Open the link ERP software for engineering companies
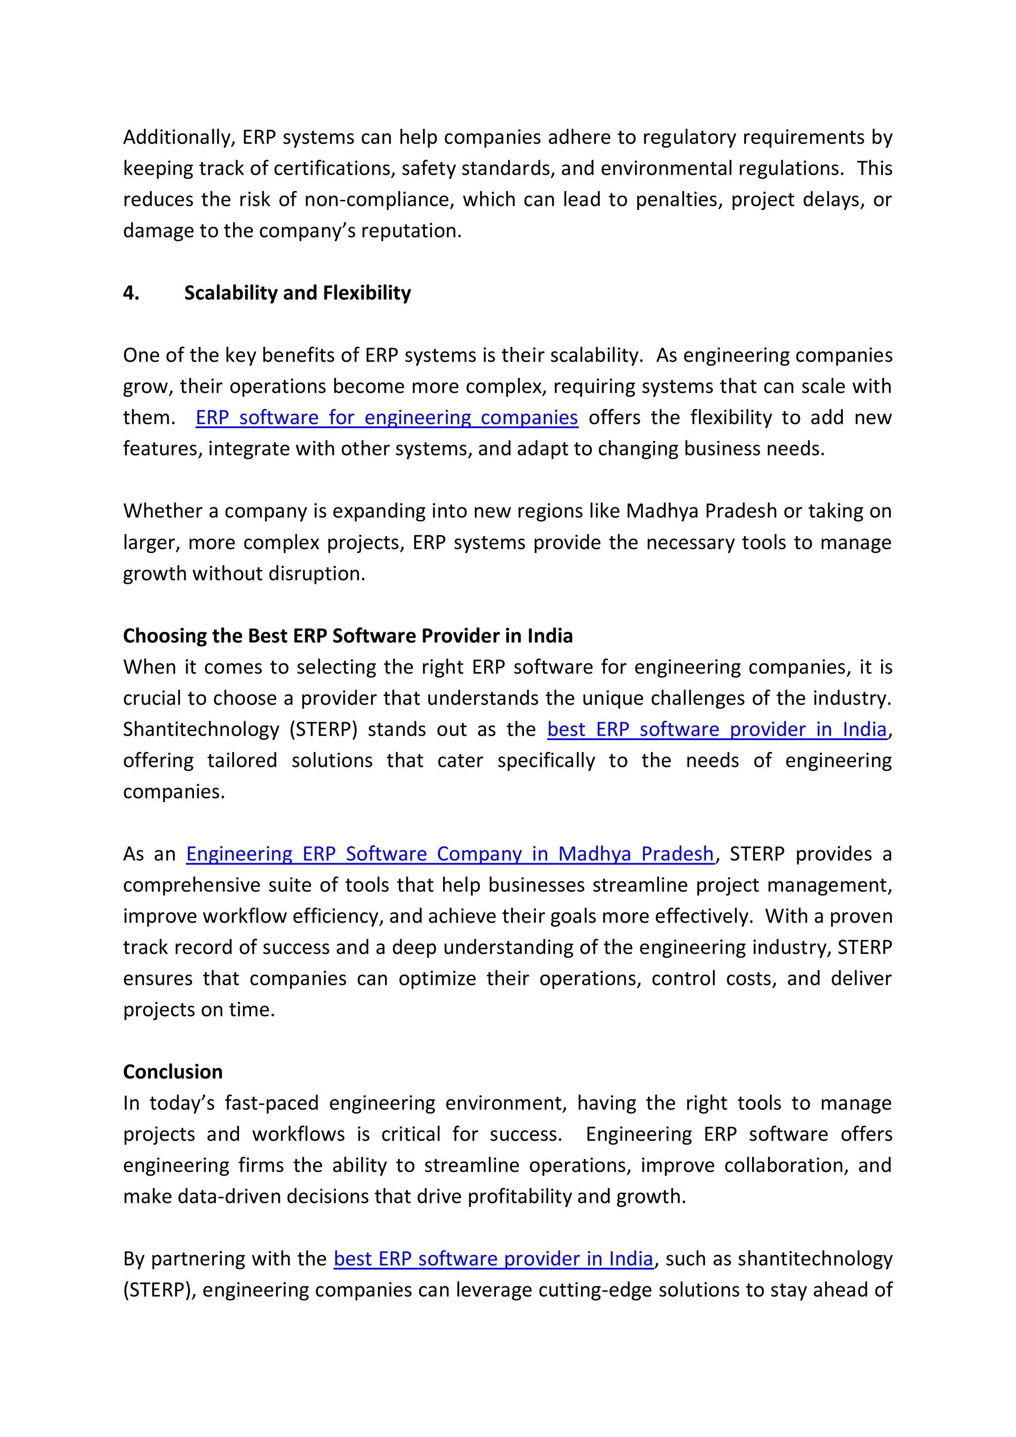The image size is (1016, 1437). click(x=386, y=418)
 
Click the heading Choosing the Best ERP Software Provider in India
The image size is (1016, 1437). click(x=347, y=636)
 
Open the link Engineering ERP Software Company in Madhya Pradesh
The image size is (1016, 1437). click(x=449, y=854)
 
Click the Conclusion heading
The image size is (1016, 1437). click(x=173, y=1071)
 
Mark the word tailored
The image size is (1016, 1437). click(x=242, y=760)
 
